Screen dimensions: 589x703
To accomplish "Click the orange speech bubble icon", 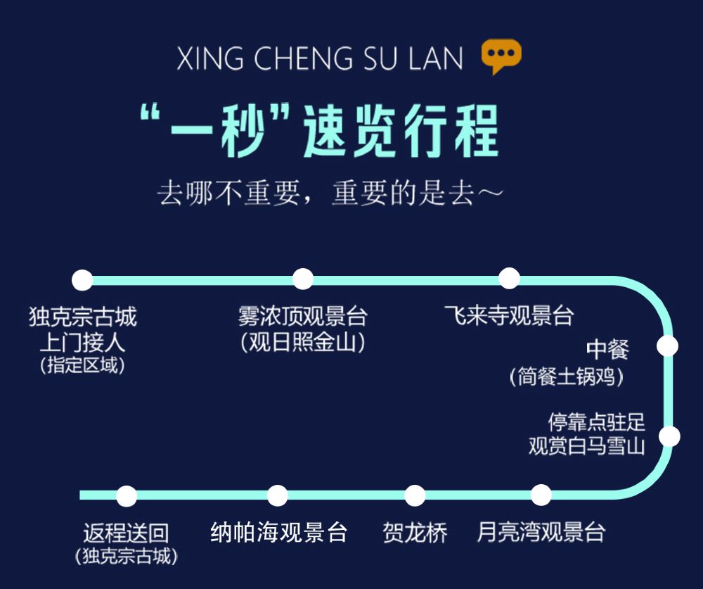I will pos(501,56).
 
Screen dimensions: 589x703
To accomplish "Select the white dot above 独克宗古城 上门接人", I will pos(82,280).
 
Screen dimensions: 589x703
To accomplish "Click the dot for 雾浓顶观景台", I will pos(302,279).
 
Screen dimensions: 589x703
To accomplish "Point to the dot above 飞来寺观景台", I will pos(509,278).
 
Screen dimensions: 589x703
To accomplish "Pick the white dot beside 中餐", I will pos(667,346).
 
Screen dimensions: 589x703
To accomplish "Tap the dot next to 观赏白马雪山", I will pos(670,436).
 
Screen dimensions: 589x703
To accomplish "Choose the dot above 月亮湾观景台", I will pos(541,495).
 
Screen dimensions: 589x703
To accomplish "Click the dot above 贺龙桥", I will pos(415,495).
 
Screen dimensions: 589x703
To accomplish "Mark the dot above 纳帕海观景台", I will pos(278,495).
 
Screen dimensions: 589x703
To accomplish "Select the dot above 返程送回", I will pos(127,495).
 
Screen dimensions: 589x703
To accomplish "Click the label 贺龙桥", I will pos(415,532).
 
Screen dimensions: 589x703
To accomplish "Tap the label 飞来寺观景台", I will pos(509,315).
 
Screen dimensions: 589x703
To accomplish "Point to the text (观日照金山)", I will pos(302,343).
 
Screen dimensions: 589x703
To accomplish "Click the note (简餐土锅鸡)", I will pos(567,377).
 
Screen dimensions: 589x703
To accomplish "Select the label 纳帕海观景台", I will pos(279,532).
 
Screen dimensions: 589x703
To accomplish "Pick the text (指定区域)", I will pos(83,366).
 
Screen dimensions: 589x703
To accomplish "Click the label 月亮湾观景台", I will pos(541,532).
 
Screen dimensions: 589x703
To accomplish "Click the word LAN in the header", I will pos(435,59).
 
